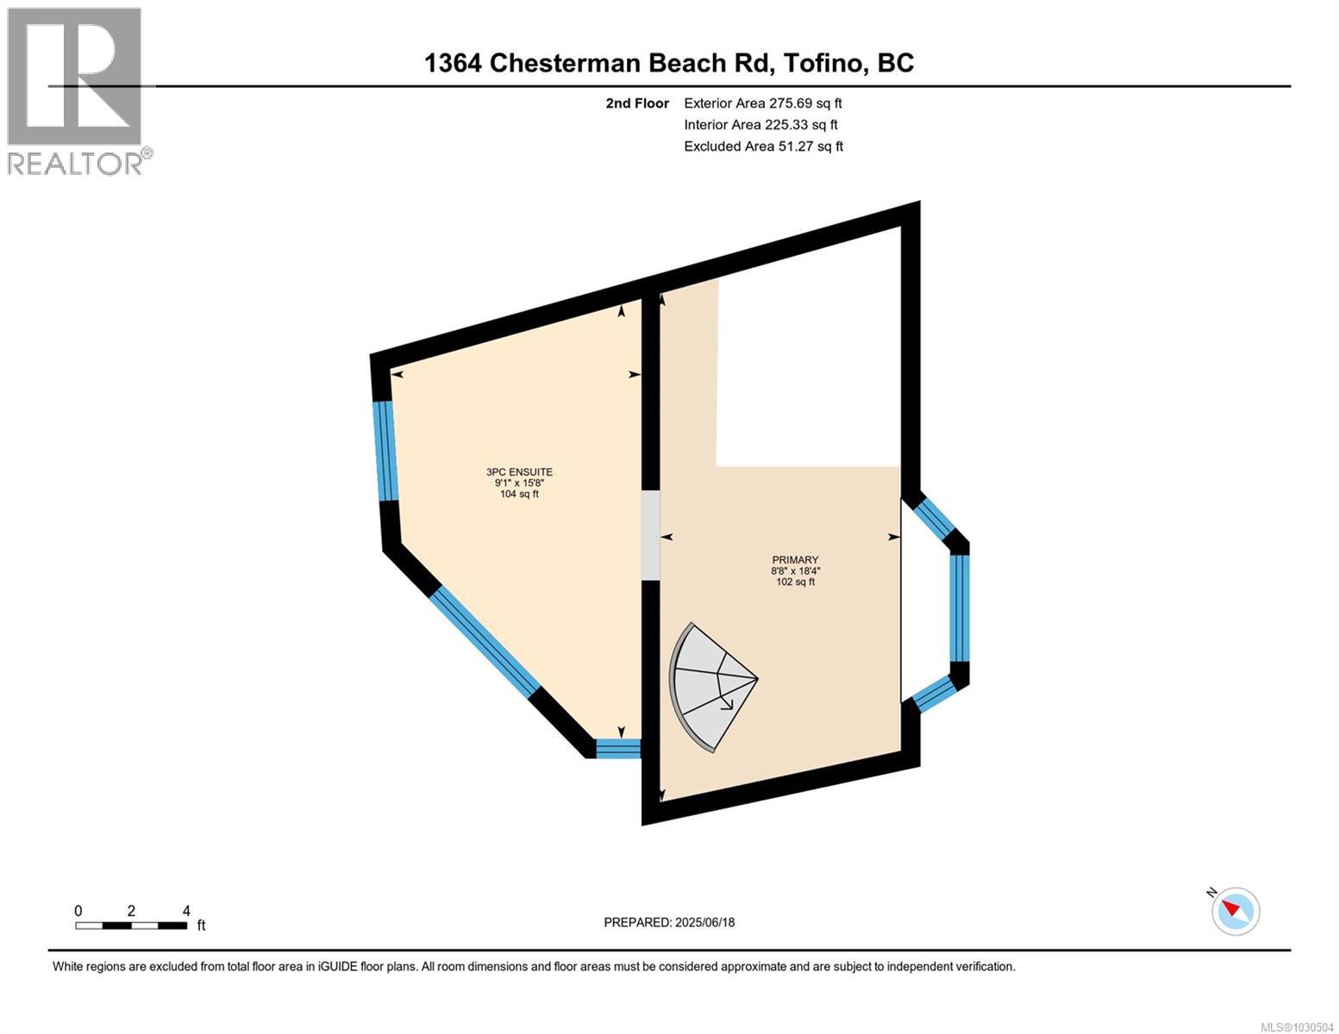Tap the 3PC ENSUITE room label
(x=519, y=472)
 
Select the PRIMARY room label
(x=795, y=560)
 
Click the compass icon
(x=1236, y=910)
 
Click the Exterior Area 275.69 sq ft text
(x=762, y=103)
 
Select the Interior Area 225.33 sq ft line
(x=760, y=125)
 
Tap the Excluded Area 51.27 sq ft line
(x=763, y=146)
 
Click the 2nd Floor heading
(x=637, y=103)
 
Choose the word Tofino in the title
(x=824, y=63)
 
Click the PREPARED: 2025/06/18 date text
(x=669, y=922)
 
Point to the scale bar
(x=131, y=925)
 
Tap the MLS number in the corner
(x=1298, y=1026)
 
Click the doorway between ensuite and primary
(x=650, y=535)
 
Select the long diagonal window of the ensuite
(x=485, y=639)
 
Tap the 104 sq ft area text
(x=519, y=495)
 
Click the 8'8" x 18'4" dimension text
(x=795, y=570)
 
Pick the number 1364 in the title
(x=453, y=63)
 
